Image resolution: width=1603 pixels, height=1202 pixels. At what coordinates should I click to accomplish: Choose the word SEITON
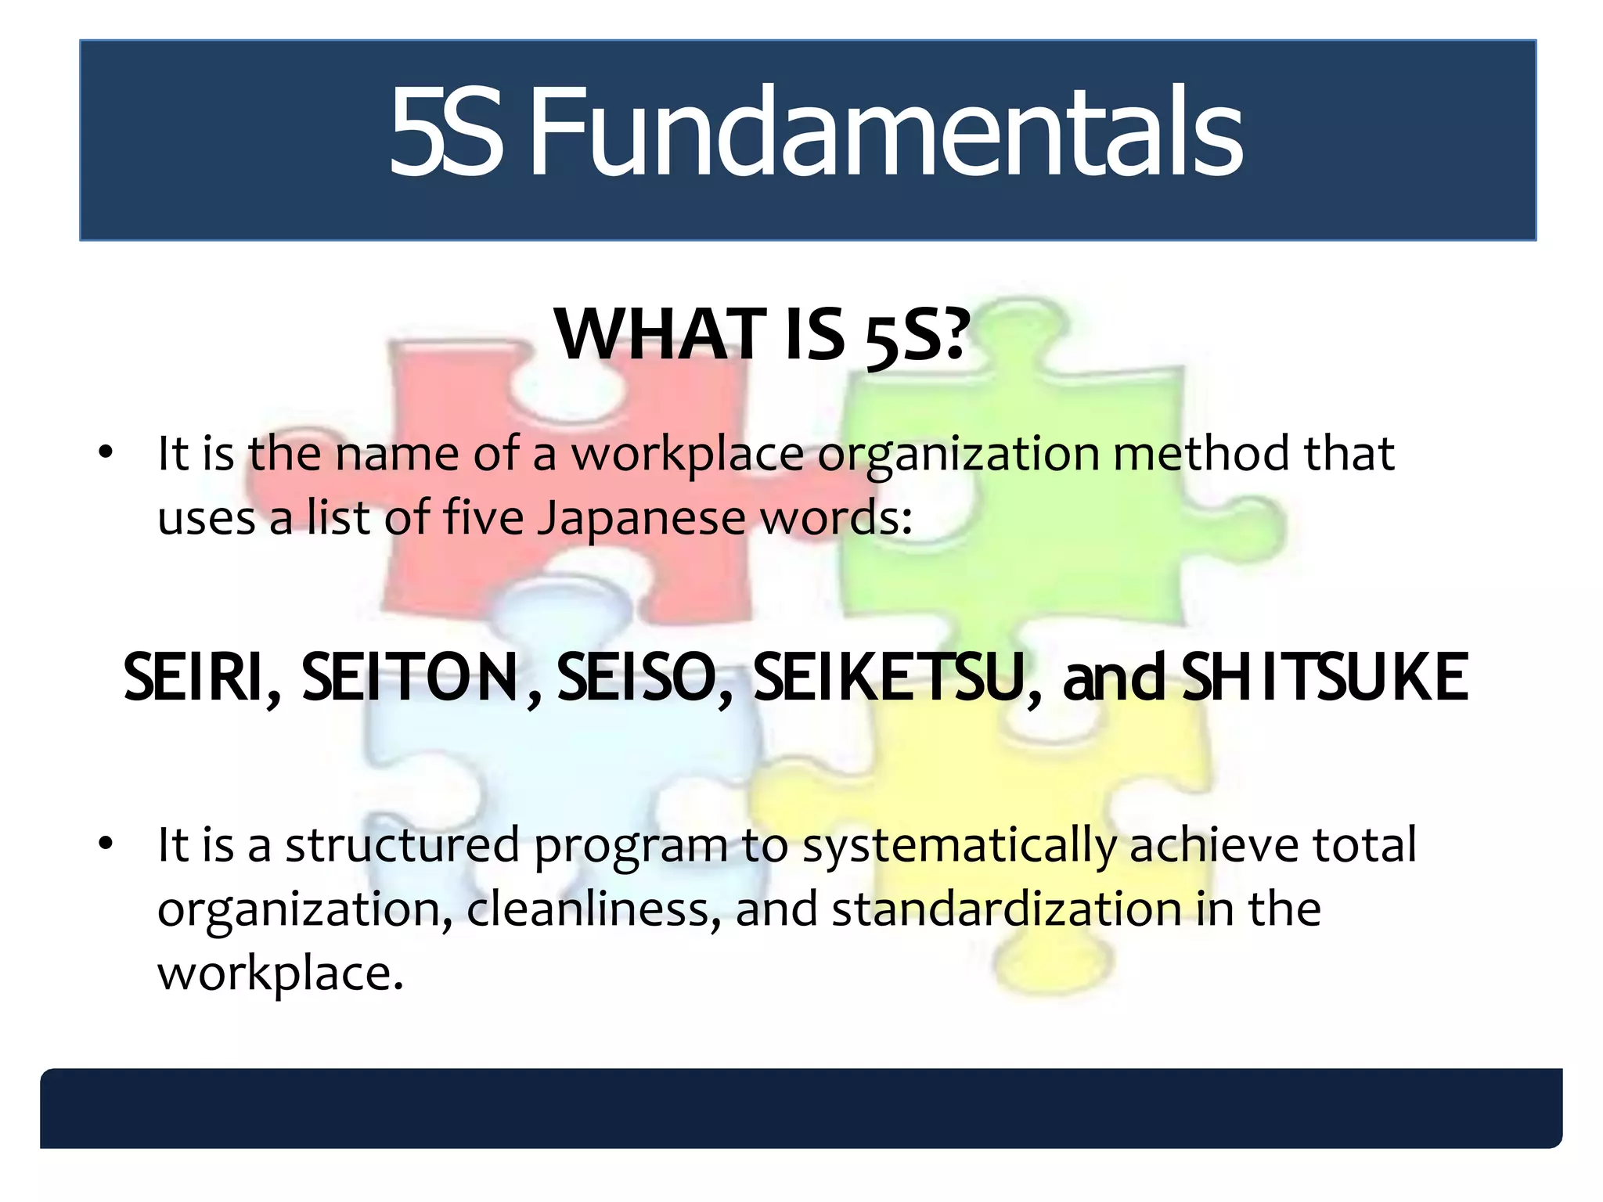click(x=412, y=678)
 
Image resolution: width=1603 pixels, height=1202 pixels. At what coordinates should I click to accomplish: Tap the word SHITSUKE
click(x=1324, y=678)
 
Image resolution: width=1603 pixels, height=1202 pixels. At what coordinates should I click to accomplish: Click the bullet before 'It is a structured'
click(x=106, y=844)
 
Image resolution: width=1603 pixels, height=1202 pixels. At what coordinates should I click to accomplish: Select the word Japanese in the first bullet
click(x=641, y=518)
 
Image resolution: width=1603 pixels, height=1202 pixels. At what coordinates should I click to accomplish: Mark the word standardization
click(x=1007, y=909)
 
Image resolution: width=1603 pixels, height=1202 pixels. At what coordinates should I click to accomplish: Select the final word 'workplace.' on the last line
click(x=280, y=973)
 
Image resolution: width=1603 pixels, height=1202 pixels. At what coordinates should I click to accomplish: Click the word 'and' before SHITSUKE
click(x=1115, y=678)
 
